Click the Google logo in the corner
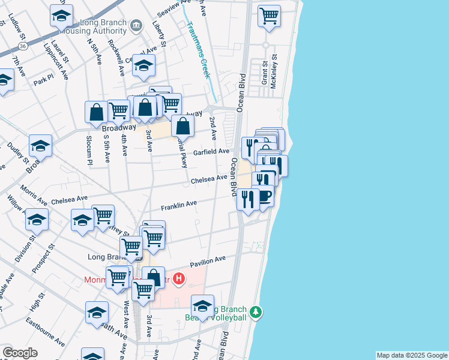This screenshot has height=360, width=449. (20, 353)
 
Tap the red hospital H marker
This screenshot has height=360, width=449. (178, 278)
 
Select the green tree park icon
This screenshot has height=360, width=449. (256, 312)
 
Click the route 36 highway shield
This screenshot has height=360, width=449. (22, 45)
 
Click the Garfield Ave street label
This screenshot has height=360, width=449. (211, 152)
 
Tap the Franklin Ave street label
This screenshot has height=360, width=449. (179, 205)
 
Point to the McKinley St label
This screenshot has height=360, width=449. (274, 72)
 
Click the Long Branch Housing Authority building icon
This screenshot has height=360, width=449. (136, 25)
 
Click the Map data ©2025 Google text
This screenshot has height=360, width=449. (412, 355)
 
